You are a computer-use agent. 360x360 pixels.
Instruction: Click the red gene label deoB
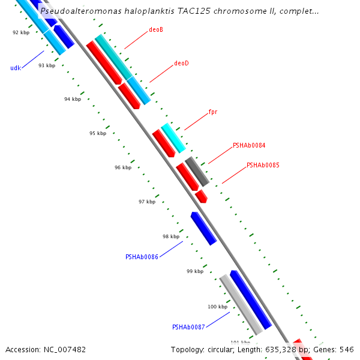pyautogui.click(x=156, y=29)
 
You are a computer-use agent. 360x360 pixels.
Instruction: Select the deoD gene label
pyautogui.click(x=181, y=63)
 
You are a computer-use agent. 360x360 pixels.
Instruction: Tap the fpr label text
pyautogui.click(x=212, y=112)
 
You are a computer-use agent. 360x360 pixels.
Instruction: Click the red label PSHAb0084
pyautogui.click(x=249, y=146)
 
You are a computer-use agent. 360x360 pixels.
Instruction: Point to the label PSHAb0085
pyautogui.click(x=263, y=165)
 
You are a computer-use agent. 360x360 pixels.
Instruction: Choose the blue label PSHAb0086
pyautogui.click(x=142, y=257)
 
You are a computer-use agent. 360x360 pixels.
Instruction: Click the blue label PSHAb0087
pyautogui.click(x=188, y=327)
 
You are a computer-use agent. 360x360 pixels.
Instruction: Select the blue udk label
pyautogui.click(x=16, y=68)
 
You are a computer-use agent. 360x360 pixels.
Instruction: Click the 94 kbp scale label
pyautogui.click(x=73, y=99)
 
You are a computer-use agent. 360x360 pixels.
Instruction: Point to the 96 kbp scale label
pyautogui.click(x=123, y=167)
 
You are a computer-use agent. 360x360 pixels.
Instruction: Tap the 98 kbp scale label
pyautogui.click(x=171, y=236)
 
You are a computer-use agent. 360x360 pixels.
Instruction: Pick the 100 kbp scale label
pyautogui.click(x=218, y=307)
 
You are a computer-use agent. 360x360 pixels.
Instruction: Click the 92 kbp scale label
pyautogui.click(x=21, y=32)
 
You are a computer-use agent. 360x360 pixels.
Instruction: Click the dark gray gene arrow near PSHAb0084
pyautogui.click(x=197, y=171)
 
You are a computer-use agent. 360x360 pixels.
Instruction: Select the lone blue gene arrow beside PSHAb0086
pyautogui.click(x=203, y=229)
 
